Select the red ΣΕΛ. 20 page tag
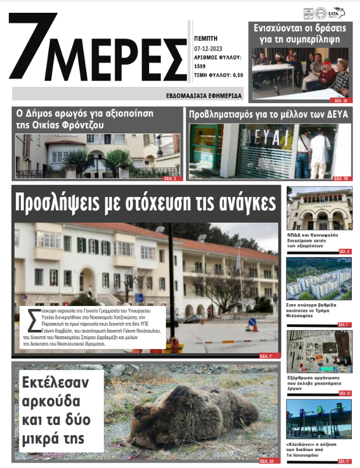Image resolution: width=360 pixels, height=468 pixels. tap(341, 100)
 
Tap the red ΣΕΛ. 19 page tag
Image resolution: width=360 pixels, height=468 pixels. tap(341, 178)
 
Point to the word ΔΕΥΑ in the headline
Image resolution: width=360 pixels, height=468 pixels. tap(334, 114)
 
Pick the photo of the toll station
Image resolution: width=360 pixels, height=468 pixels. tap(319, 419)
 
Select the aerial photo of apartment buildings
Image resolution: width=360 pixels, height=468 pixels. tap(319, 278)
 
